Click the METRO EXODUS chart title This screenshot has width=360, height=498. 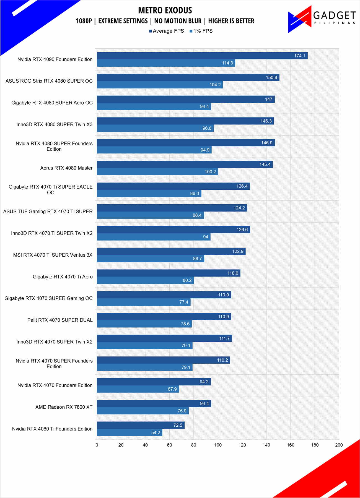(165, 11)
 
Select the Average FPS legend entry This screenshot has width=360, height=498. (167, 31)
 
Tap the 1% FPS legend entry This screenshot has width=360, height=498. (201, 31)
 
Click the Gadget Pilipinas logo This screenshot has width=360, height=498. (322, 19)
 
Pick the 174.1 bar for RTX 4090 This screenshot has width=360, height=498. (202, 56)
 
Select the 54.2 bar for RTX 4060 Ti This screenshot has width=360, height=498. (130, 432)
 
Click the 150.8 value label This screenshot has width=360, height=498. (271, 77)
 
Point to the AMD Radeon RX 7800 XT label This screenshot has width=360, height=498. (64, 407)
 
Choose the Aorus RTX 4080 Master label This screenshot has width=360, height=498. (66, 168)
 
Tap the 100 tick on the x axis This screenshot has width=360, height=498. (218, 445)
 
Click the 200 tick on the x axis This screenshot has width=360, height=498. (339, 445)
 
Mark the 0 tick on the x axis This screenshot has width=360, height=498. (97, 445)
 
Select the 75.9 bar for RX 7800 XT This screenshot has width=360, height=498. (143, 411)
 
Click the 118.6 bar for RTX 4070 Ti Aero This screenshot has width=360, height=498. (169, 273)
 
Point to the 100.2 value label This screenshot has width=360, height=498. (210, 172)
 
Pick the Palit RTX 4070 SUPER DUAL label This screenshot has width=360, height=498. (60, 320)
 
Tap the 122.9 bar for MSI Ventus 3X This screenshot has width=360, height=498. (171, 251)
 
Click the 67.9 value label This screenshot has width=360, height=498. (172, 389)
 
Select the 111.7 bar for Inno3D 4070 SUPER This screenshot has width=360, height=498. (164, 338)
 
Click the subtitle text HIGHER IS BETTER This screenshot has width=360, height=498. (231, 21)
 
